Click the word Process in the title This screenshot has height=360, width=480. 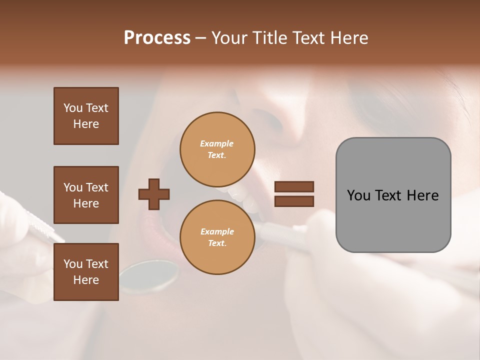pyautogui.click(x=157, y=38)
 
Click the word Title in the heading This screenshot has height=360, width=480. pyautogui.click(x=270, y=38)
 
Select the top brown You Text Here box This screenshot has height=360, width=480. pyautogui.click(x=86, y=116)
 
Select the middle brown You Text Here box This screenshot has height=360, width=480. pyautogui.click(x=86, y=195)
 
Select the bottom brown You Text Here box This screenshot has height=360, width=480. pyautogui.click(x=86, y=272)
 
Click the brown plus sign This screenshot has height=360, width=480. pyautogui.click(x=154, y=194)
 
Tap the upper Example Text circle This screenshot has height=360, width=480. pyautogui.click(x=217, y=149)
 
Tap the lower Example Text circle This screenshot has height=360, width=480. pyautogui.click(x=217, y=237)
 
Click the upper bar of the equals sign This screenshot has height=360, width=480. pyautogui.click(x=294, y=187)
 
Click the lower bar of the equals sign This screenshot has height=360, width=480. pyautogui.click(x=294, y=201)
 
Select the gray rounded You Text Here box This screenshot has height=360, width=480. pyautogui.click(x=393, y=195)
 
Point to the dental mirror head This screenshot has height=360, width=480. pyautogui.click(x=149, y=276)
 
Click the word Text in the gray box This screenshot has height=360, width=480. pyautogui.click(x=389, y=195)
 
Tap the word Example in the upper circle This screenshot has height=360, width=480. pyautogui.click(x=217, y=143)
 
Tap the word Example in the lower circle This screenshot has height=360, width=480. pyautogui.click(x=217, y=231)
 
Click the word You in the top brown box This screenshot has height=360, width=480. pyautogui.click(x=72, y=108)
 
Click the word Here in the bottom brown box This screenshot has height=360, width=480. pyautogui.click(x=86, y=280)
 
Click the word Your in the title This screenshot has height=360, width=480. pyautogui.click(x=230, y=38)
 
